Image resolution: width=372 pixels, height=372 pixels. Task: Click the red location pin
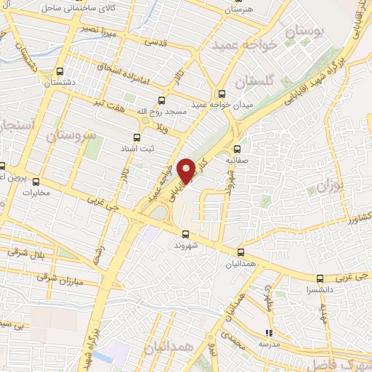[x=187, y=171]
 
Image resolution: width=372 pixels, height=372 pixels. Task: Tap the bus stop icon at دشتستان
[x=60, y=72]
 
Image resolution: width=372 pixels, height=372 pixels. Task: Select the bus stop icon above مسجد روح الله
[x=161, y=101]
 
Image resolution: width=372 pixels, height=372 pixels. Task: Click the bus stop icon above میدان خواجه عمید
[x=222, y=93]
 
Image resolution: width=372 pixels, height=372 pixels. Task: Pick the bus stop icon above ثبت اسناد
[x=137, y=137]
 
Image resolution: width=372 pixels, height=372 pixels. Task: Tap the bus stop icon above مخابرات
[x=36, y=182]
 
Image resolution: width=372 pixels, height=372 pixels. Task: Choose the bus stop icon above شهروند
[x=186, y=234]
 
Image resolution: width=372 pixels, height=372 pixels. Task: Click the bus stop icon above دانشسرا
[x=320, y=278]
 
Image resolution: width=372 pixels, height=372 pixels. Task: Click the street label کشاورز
[x=361, y=218]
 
